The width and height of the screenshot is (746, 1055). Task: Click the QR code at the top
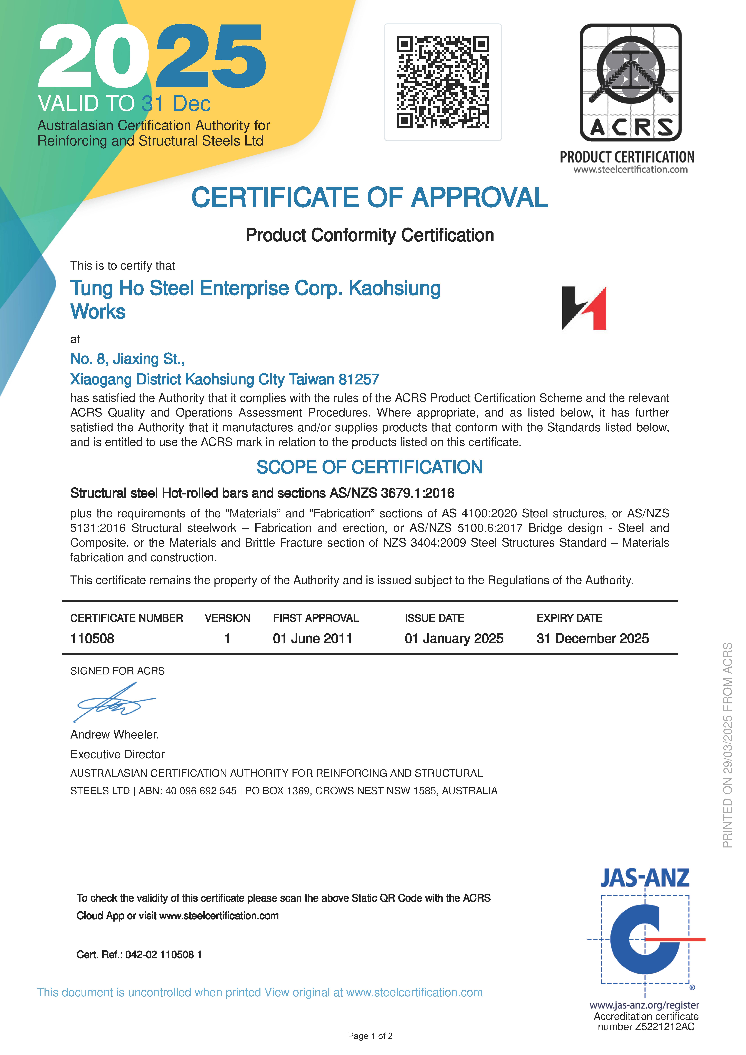point(443,82)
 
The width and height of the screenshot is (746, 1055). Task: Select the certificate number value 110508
point(92,639)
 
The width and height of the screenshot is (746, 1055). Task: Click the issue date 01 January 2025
point(454,639)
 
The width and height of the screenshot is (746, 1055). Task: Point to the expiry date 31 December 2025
point(592,639)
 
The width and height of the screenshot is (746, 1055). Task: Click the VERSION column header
point(228,618)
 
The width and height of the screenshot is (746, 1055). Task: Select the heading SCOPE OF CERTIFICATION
point(370,467)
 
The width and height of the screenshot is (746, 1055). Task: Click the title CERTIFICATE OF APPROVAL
point(370,198)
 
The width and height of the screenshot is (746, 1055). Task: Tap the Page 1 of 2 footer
point(370,1036)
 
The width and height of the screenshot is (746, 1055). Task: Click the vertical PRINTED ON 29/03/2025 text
point(727,744)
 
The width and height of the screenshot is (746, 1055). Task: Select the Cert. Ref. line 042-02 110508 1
point(139,955)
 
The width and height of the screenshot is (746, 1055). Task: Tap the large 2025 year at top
point(152,56)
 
